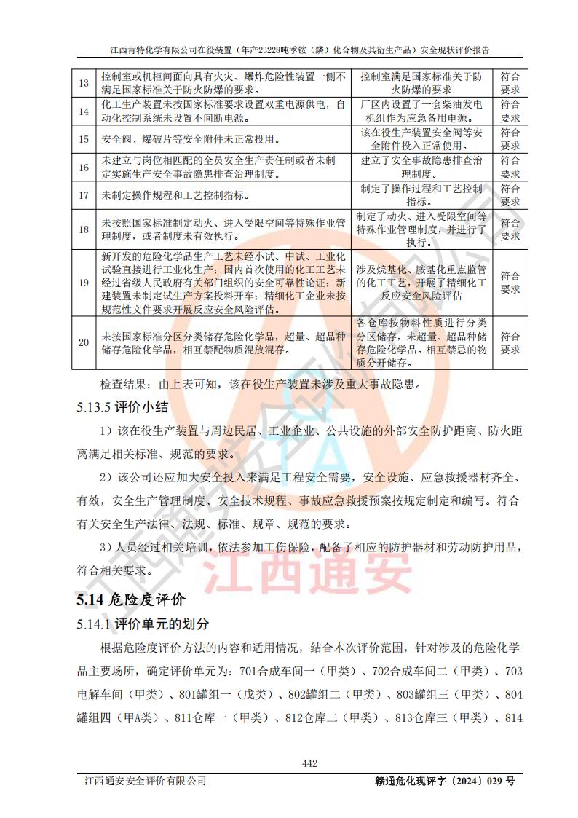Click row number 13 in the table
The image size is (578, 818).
(x=84, y=83)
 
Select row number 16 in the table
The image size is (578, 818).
(x=84, y=168)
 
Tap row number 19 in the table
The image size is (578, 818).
(x=84, y=283)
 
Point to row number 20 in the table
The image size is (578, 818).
(x=84, y=342)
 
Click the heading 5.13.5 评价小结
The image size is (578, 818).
(x=122, y=407)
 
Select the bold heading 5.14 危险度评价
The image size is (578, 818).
(x=130, y=599)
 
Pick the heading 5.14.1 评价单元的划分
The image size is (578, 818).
(x=142, y=624)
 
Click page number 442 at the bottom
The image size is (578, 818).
(x=309, y=763)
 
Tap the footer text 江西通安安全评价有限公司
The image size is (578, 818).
(x=145, y=781)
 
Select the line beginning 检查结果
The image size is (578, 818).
(x=261, y=384)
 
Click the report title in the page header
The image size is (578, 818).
(x=299, y=50)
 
